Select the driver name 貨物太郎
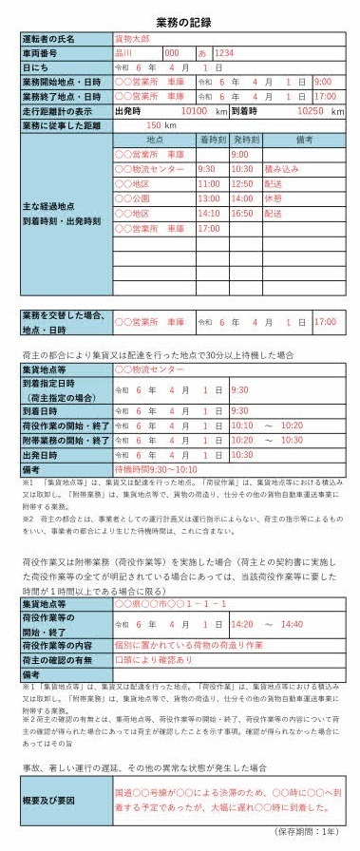pyautogui.click(x=134, y=39)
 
